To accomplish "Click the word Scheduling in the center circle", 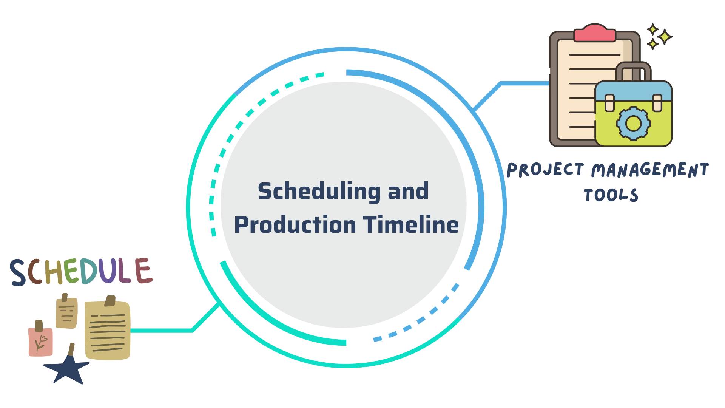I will tap(319, 192).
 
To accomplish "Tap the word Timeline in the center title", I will tap(411, 225).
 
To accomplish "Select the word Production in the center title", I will tap(295, 225).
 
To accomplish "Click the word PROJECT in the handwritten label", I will tap(546, 170).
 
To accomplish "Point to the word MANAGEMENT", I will tap(650, 170).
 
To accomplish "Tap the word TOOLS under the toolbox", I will tap(611, 195).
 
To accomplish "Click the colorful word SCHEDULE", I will tap(81, 271).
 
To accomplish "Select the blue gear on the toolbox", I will tap(633, 123).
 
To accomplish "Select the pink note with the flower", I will tap(40, 342).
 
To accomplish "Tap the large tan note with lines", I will tap(108, 331).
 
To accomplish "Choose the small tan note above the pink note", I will tap(66, 313).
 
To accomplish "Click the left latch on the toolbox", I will tap(609, 103).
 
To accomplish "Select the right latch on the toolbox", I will tap(657, 103).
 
